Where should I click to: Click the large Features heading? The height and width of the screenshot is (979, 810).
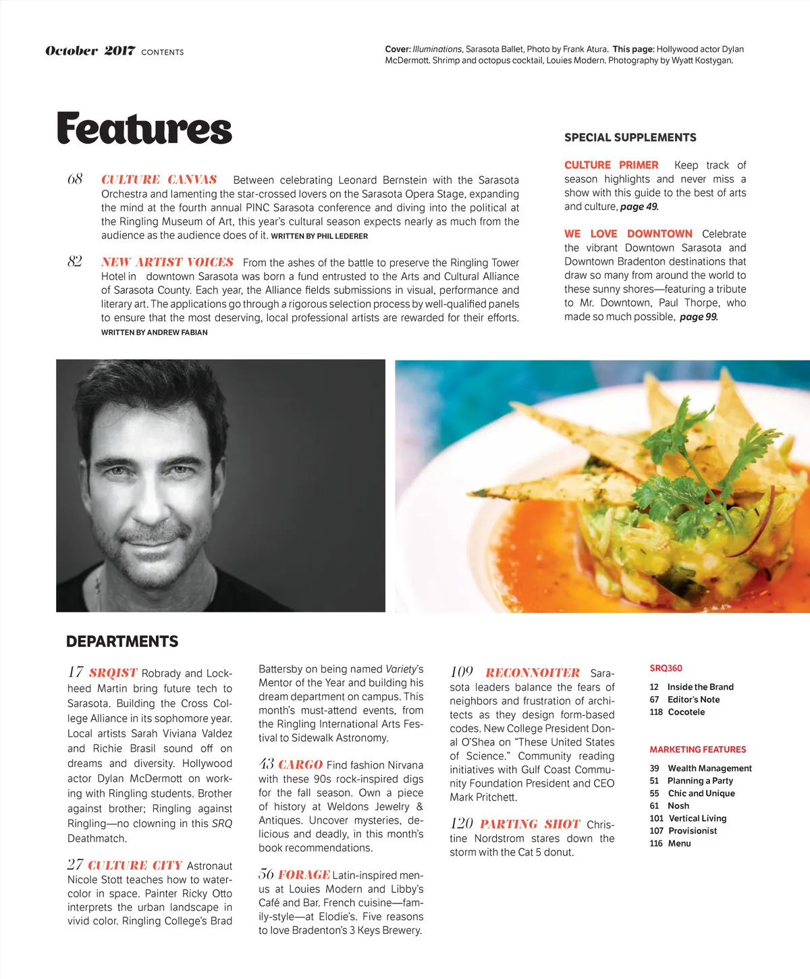[144, 129]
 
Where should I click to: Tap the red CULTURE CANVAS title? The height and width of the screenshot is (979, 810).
[159, 180]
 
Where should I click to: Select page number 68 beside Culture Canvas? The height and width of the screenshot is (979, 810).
[75, 179]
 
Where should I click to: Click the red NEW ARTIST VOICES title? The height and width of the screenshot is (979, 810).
[167, 262]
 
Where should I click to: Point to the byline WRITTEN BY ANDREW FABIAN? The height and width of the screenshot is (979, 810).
[155, 332]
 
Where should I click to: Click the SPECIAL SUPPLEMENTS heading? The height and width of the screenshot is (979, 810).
[630, 138]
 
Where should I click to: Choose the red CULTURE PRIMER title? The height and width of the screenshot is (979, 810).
[611, 165]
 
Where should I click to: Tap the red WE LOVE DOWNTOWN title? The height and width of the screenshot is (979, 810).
[628, 234]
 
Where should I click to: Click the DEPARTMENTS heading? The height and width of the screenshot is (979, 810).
[122, 641]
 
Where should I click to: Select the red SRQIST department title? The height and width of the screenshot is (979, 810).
[113, 672]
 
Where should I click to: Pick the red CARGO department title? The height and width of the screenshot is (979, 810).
[300, 764]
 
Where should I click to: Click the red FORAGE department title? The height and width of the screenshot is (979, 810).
[304, 874]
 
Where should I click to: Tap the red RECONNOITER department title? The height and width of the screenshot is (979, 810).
[533, 672]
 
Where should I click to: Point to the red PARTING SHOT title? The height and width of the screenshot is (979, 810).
[530, 824]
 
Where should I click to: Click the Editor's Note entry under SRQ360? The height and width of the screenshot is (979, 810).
[693, 699]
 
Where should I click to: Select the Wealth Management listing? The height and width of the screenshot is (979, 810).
[709, 768]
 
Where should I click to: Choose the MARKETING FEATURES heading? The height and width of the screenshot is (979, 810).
[697, 749]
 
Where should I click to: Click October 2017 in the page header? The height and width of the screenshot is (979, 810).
[90, 51]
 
